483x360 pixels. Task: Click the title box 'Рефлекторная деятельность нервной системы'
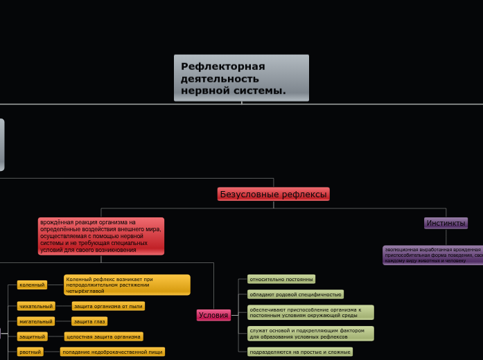coord(241,78)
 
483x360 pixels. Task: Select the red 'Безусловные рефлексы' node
coord(273,194)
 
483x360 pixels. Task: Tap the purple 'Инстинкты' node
coord(446,223)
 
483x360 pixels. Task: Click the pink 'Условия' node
coord(213,315)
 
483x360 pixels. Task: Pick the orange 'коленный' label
coord(32,285)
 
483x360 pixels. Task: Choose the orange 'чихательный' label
coord(36,306)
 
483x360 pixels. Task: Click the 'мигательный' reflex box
coord(36,321)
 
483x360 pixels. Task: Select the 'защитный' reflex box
coord(33,336)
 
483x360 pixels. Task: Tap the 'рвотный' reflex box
coord(30,352)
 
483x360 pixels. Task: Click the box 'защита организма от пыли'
coord(109,306)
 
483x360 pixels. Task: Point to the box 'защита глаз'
coord(89,321)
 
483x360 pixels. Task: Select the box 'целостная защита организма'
coord(103,336)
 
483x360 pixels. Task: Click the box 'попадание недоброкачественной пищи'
coord(112,352)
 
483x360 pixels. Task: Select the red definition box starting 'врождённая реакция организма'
coord(101,236)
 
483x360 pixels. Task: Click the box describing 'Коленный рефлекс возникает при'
coord(127,285)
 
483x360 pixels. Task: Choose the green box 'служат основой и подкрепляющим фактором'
coord(310,334)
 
